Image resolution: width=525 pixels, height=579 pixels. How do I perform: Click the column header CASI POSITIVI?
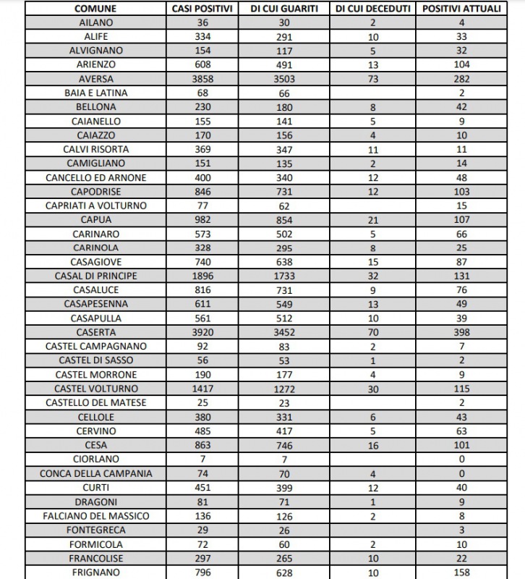point(204,9)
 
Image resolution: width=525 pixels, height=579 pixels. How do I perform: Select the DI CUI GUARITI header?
point(286,9)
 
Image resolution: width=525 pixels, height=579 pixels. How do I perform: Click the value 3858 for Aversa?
point(204,79)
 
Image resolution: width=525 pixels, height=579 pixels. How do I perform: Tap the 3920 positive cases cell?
point(204,332)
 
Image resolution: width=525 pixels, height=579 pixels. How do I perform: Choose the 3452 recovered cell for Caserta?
point(286,332)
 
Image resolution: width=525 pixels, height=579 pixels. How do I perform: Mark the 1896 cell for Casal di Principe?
point(204,276)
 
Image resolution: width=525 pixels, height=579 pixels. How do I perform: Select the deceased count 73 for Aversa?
point(373,79)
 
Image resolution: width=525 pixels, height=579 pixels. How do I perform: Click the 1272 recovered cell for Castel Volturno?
point(286,389)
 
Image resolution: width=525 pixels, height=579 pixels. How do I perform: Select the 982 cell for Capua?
point(204,219)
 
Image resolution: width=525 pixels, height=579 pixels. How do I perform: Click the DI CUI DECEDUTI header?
point(373,9)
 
